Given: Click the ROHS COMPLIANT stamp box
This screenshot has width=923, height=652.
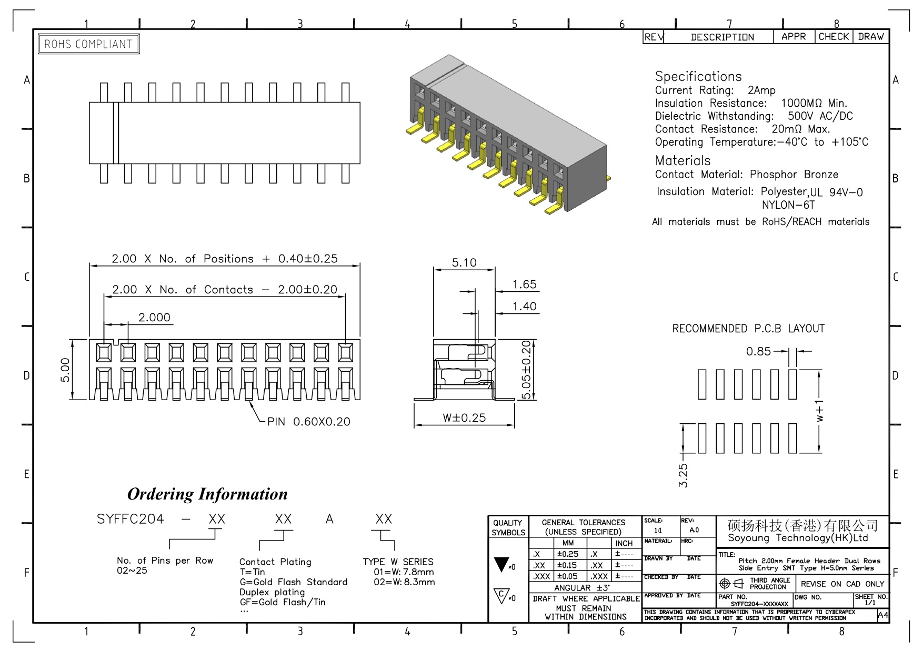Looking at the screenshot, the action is [89, 44].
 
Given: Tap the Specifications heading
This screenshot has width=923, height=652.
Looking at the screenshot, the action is [698, 77].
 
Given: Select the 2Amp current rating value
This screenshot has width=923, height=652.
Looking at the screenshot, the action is [761, 90].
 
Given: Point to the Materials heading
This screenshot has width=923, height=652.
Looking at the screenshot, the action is [683, 161].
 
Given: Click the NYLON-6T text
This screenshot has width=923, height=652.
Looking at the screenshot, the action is [788, 205].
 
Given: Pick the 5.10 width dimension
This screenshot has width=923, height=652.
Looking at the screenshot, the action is [464, 262].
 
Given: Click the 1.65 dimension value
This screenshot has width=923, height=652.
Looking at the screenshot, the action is [525, 284].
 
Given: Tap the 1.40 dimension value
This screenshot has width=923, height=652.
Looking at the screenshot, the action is [525, 307].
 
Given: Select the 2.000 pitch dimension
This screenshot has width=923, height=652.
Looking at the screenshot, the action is [154, 318].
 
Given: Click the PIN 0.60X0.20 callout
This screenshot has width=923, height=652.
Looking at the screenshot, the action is [308, 422].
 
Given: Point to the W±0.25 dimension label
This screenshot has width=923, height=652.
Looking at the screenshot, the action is [464, 418].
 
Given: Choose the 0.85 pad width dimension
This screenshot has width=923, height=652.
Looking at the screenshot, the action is [758, 351].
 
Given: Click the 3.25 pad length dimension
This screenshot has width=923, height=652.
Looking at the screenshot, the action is [683, 475].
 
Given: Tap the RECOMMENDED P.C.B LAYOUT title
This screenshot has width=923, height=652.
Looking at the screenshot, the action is [748, 329].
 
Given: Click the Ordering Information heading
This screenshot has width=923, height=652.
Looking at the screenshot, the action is [207, 494].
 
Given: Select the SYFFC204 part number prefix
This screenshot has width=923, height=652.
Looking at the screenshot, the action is [131, 519].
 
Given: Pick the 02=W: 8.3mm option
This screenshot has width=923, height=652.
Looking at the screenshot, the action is [404, 582].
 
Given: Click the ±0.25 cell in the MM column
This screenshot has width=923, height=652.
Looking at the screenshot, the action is [568, 554].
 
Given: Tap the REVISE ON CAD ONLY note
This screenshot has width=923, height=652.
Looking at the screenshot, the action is [842, 584].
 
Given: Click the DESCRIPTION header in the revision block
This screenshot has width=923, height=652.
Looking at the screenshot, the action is [722, 37].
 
